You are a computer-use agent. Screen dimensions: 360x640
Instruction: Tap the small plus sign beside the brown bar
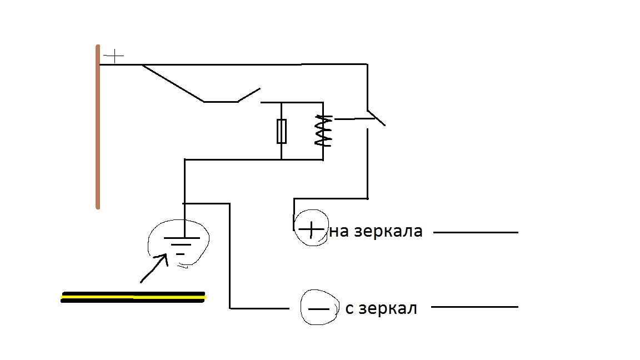point(114,56)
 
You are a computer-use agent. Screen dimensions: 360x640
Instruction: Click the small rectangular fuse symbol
point(282,131)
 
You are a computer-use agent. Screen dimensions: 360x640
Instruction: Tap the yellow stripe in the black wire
point(133,298)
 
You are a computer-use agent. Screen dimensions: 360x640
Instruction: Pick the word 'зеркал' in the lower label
point(388,308)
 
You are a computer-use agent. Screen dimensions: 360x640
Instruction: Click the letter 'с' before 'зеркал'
point(349,309)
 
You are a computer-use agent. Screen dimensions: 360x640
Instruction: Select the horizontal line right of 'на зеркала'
point(476,233)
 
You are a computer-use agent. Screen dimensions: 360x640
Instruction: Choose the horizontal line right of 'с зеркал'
point(476,307)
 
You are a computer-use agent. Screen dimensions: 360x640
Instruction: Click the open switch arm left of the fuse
point(249,95)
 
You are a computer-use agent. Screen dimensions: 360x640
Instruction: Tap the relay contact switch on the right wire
point(376,117)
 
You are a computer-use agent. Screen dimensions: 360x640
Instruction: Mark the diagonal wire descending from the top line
point(172,83)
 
